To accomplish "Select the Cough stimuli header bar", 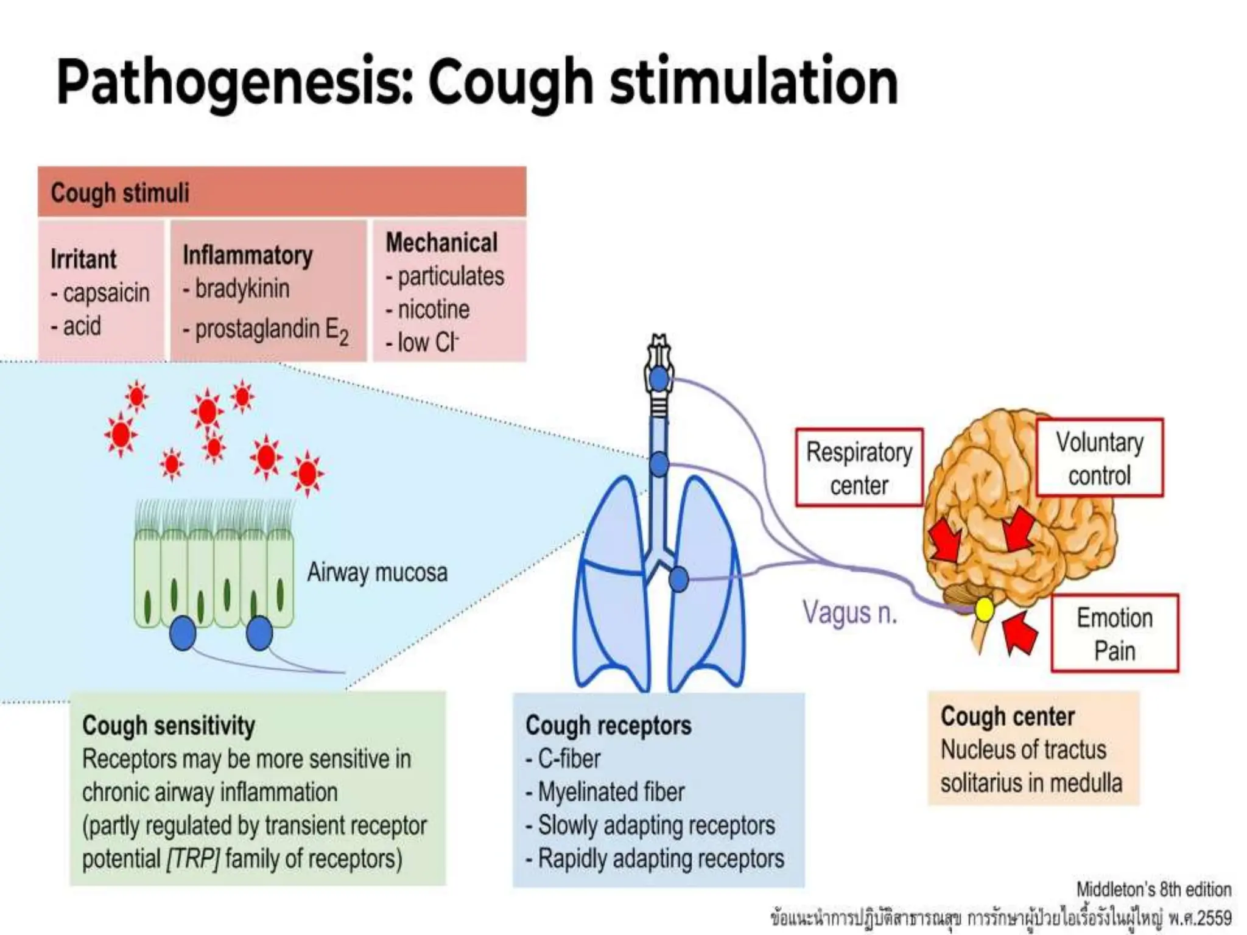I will click(x=282, y=192).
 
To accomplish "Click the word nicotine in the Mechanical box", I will click(x=434, y=309).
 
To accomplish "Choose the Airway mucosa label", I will click(x=377, y=572).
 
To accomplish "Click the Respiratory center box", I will click(x=859, y=467).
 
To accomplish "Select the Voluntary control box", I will click(x=1100, y=458).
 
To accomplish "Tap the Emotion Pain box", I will click(x=1114, y=634).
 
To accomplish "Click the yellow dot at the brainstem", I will click(x=984, y=609).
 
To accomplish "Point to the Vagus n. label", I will click(x=850, y=612).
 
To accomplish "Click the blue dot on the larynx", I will click(x=659, y=379).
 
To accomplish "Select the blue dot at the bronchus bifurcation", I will click(x=678, y=579).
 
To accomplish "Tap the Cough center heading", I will click(x=1008, y=716).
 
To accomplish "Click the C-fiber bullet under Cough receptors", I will click(x=569, y=758).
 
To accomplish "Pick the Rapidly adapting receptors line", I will click(x=661, y=859).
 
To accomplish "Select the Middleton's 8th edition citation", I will click(x=1153, y=889).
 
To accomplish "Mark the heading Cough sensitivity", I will click(x=169, y=726).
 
